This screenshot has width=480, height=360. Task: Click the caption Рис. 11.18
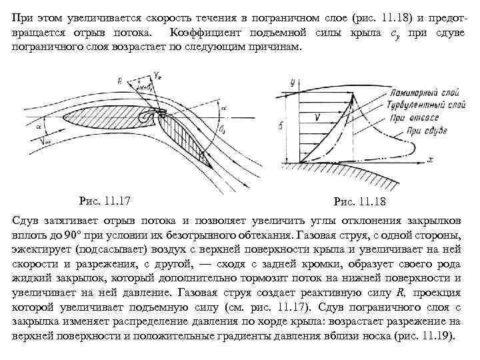(359, 201)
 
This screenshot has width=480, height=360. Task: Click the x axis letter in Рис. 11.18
(431, 159)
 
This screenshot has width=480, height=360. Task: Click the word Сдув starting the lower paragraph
(26, 221)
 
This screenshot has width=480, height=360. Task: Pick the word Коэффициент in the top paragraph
(201, 33)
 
